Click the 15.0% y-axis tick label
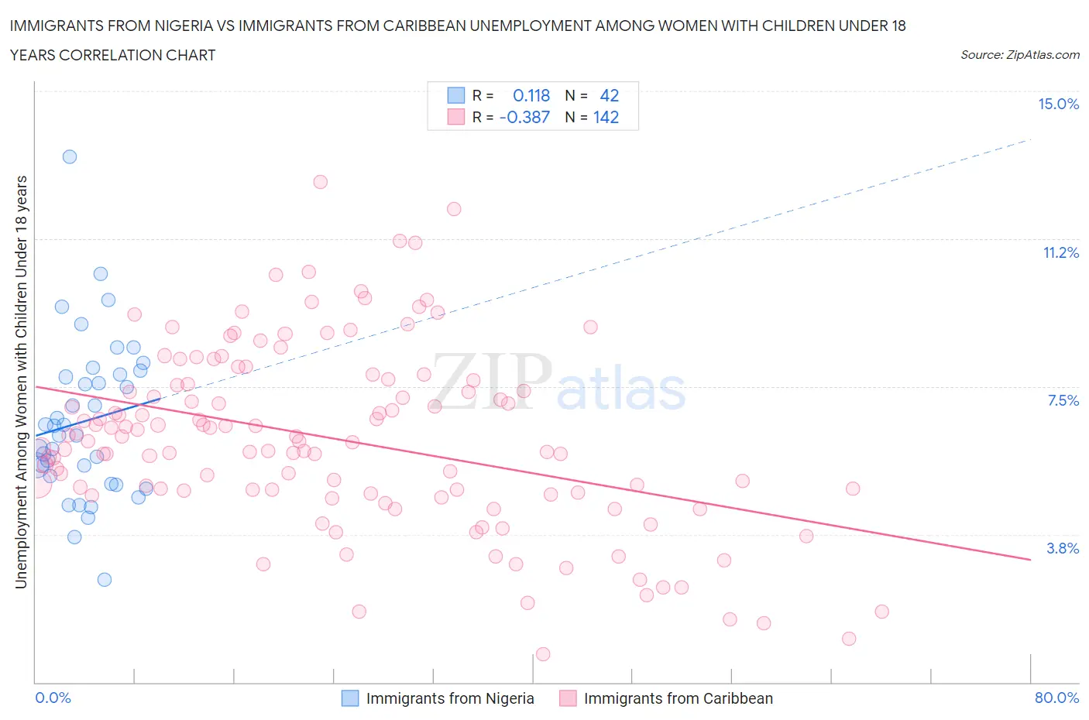pyautogui.click(x=1058, y=105)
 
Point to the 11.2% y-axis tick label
pyautogui.click(x=1060, y=252)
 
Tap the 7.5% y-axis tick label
pyautogui.click(x=1063, y=400)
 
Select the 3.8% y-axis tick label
pyautogui.click(x=1063, y=548)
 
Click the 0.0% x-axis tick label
pyautogui.click(x=53, y=698)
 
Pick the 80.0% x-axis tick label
pyautogui.click(x=1056, y=698)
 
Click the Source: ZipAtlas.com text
pyautogui.click(x=1019, y=55)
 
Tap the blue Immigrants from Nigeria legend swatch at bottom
pyautogui.click(x=350, y=698)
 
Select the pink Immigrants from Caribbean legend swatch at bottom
pyautogui.click(x=568, y=698)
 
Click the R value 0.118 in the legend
pyautogui.click(x=531, y=95)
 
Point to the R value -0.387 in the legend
pyautogui.click(x=525, y=118)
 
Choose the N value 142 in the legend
pyautogui.click(x=606, y=118)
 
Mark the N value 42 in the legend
pyautogui.click(x=610, y=95)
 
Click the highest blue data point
pyautogui.click(x=70, y=156)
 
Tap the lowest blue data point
pyautogui.click(x=105, y=580)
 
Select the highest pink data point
pyautogui.click(x=321, y=182)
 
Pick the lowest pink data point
pyautogui.click(x=543, y=654)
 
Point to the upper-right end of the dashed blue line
pyautogui.click(x=1031, y=139)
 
